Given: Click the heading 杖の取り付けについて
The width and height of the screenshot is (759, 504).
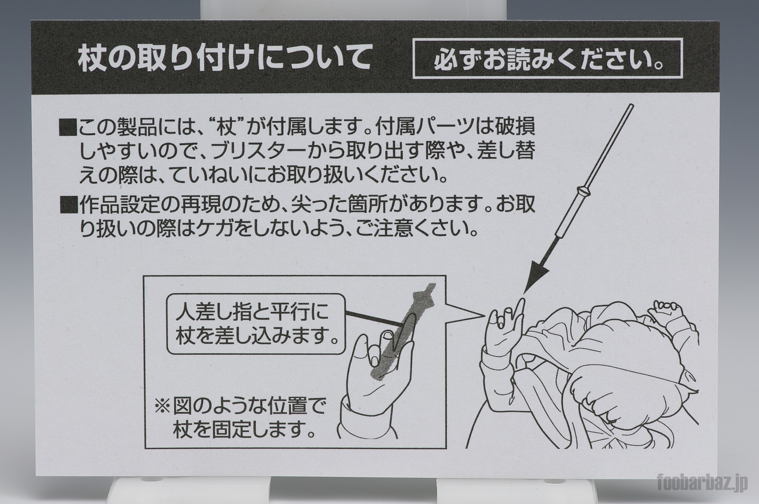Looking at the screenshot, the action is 225,59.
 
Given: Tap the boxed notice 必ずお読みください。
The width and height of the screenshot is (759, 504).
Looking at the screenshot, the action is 547,58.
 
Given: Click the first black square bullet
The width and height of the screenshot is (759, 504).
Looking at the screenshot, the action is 68,128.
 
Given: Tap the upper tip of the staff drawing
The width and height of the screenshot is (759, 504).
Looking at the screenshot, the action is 631,106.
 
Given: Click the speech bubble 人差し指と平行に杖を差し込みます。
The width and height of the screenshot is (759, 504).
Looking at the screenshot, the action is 256,323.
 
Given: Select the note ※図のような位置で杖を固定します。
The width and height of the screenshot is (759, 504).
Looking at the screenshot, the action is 240,418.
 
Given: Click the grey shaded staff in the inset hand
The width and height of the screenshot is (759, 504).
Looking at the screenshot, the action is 403,331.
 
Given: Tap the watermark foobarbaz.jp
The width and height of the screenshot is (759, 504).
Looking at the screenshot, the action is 703,482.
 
